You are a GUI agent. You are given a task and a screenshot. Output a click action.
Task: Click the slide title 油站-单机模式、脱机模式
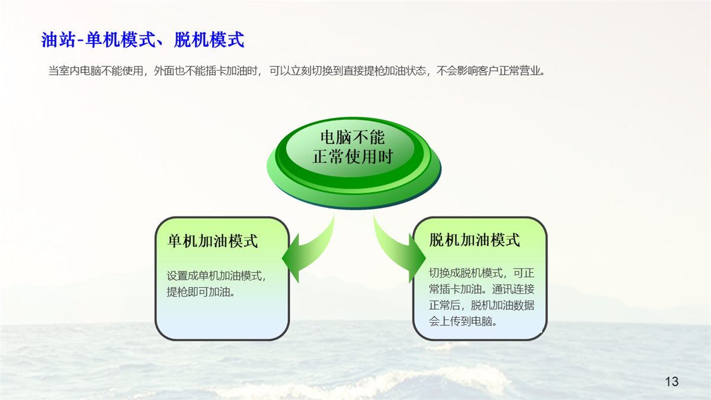143,40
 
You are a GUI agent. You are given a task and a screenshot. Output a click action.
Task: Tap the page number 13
672,381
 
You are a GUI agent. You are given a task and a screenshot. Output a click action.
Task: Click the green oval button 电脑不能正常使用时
354,163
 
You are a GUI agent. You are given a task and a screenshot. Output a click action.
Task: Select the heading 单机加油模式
213,241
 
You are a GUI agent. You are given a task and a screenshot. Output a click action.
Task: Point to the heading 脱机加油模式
475,239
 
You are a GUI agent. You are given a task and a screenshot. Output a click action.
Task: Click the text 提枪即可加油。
201,292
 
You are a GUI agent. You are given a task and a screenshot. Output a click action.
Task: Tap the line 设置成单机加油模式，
216,276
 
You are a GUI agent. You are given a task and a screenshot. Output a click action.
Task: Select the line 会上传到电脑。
463,321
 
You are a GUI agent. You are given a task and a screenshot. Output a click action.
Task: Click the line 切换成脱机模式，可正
482,273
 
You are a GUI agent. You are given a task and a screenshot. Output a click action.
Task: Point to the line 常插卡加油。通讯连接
482,289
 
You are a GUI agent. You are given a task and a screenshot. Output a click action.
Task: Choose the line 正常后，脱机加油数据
482,305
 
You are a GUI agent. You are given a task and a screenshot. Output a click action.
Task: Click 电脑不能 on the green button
353,137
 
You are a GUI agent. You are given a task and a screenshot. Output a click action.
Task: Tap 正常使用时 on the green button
353,157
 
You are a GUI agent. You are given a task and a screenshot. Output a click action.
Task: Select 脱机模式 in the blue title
209,40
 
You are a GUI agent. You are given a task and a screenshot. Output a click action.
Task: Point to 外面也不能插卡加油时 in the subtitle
206,71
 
